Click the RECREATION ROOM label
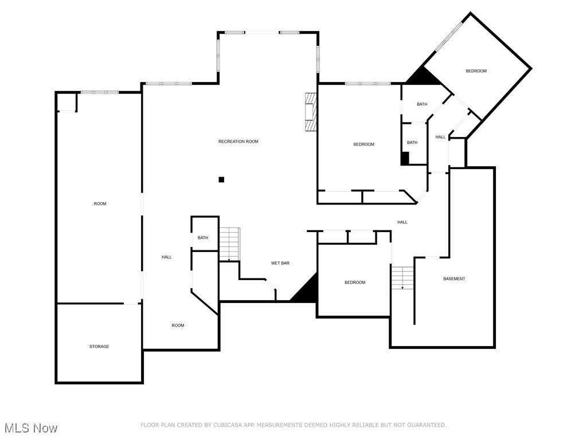tap(238, 142)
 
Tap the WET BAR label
tap(280, 263)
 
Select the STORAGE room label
tap(99, 347)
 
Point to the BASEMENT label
tap(454, 279)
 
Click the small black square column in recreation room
tap(221, 179)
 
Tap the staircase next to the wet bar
tap(229, 244)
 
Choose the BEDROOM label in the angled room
tap(476, 71)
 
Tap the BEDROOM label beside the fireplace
tap(363, 144)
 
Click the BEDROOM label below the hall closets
tap(355, 282)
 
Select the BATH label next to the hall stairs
tap(203, 238)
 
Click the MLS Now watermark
tap(31, 428)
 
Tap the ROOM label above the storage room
tap(100, 204)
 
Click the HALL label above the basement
tap(402, 222)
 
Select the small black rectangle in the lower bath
tap(405, 159)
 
